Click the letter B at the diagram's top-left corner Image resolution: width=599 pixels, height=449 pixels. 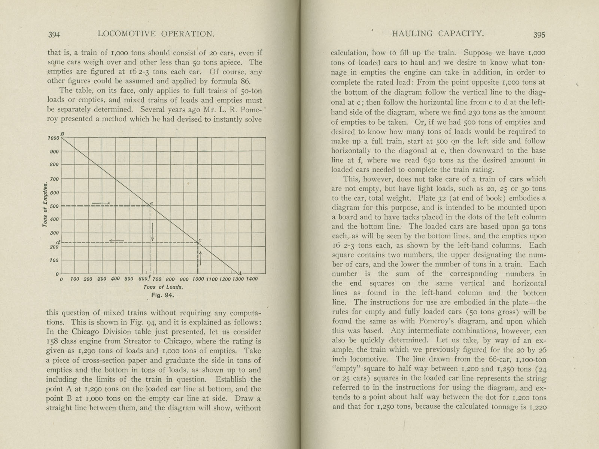[63, 134]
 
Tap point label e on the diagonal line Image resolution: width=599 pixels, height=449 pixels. [152, 203]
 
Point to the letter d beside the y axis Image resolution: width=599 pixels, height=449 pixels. [58, 242]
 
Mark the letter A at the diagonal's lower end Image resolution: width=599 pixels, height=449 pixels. [240, 273]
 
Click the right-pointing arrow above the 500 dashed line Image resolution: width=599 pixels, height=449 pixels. [101, 203]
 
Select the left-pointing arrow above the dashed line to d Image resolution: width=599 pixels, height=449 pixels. [117, 241]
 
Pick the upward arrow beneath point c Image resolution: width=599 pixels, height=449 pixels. [201, 257]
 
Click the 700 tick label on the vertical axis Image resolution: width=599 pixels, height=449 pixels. [55, 179]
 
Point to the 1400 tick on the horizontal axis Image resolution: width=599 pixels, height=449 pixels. [252, 279]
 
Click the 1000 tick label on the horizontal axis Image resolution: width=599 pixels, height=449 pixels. [198, 279]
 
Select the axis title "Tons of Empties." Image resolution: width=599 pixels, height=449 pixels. [45, 205]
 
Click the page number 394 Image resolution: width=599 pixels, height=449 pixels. [54, 35]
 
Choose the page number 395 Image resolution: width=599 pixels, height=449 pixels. [539, 35]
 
